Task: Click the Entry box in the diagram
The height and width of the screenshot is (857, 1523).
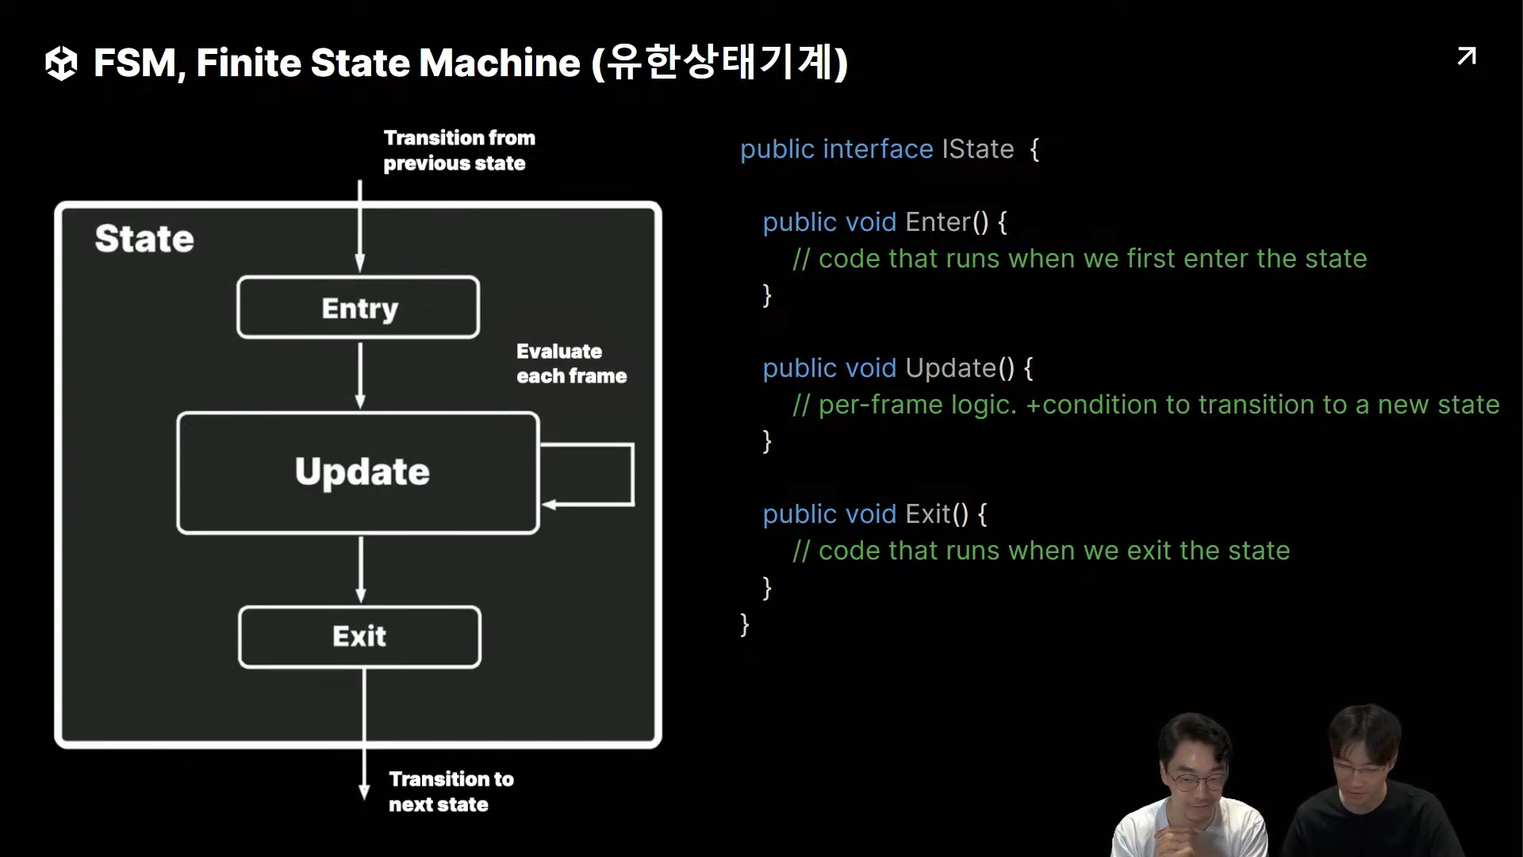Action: (359, 308)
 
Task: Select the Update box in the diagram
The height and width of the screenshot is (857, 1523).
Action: (359, 472)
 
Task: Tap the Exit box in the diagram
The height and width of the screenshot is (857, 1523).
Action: (359, 636)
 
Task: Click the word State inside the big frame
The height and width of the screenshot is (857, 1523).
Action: (144, 239)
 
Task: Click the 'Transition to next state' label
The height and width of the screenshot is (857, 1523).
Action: (450, 791)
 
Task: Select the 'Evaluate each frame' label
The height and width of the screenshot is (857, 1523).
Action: (570, 363)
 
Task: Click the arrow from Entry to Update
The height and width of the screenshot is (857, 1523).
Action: (360, 375)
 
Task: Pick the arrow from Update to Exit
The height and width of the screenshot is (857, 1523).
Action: (361, 569)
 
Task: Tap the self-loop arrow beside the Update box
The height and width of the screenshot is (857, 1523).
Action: (631, 475)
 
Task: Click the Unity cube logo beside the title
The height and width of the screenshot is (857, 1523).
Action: (61, 63)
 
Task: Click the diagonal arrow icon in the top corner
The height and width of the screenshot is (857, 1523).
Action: (1467, 56)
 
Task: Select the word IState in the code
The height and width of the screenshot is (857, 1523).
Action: (977, 149)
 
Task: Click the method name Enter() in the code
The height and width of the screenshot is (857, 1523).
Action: (947, 222)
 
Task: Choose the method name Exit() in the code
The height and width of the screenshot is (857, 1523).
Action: (937, 514)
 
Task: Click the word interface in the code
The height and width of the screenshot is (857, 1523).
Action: (877, 149)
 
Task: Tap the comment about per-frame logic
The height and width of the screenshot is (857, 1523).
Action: (1145, 405)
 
